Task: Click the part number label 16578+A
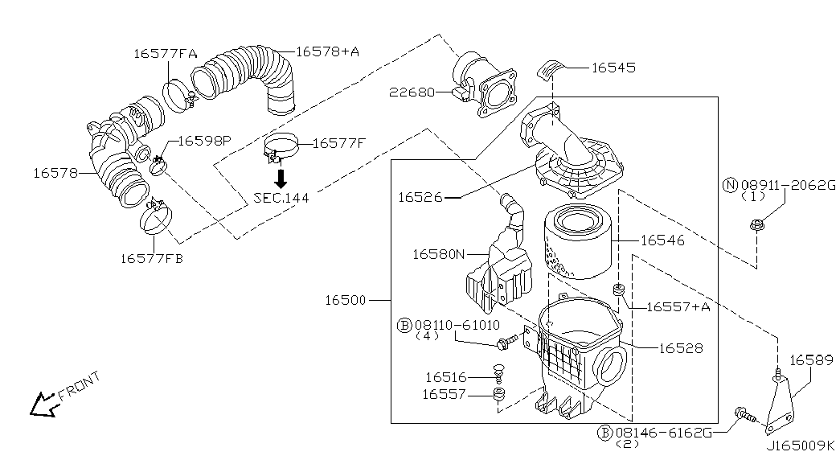(327, 51)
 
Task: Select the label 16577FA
(165, 54)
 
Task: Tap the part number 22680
(412, 92)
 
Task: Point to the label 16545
(613, 68)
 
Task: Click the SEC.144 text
(281, 198)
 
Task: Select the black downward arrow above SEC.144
(281, 178)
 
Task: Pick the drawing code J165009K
(801, 446)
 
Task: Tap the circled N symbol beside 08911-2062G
(730, 186)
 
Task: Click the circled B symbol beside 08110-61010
(404, 325)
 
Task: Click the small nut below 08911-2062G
(756, 225)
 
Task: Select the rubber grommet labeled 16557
(500, 395)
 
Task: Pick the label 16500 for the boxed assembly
(346, 300)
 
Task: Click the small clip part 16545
(548, 70)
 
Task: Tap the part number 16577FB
(152, 259)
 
